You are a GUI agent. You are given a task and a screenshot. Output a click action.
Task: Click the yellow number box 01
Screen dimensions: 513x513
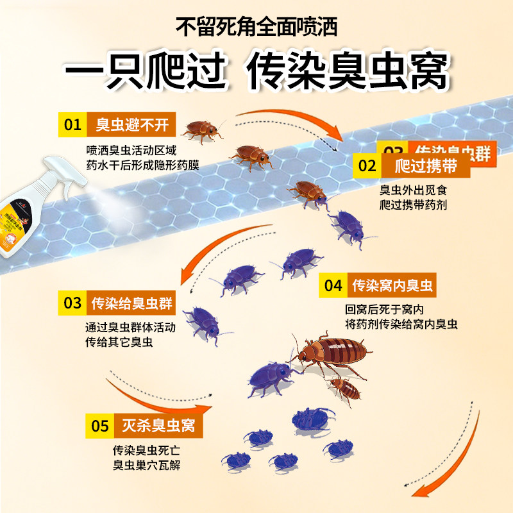[x=74, y=124]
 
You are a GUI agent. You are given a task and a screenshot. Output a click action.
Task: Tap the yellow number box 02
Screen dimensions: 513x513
[x=367, y=167]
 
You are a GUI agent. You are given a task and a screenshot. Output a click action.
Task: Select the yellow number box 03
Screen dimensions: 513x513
[x=72, y=303]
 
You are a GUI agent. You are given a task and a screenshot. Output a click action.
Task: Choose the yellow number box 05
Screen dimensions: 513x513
[x=100, y=425]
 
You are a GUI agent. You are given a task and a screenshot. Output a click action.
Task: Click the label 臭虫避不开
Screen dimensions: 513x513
[x=132, y=124]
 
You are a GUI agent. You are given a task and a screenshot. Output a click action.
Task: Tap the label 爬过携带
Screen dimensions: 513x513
[x=426, y=167]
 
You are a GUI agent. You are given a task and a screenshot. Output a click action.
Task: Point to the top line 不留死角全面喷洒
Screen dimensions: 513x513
[x=256, y=28]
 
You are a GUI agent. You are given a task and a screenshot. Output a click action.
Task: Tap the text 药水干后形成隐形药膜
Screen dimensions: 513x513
[x=142, y=165]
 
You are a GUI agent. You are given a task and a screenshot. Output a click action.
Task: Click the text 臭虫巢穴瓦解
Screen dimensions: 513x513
[x=146, y=464]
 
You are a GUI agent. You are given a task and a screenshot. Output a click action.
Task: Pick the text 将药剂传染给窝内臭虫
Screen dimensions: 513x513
[x=400, y=325]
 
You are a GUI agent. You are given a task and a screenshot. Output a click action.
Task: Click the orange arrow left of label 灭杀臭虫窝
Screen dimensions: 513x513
[x=154, y=399]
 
